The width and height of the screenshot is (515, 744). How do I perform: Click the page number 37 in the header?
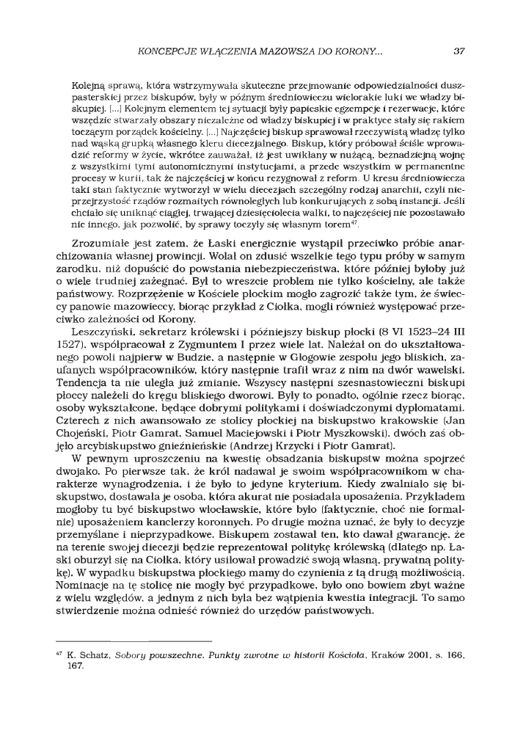[x=459, y=52]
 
